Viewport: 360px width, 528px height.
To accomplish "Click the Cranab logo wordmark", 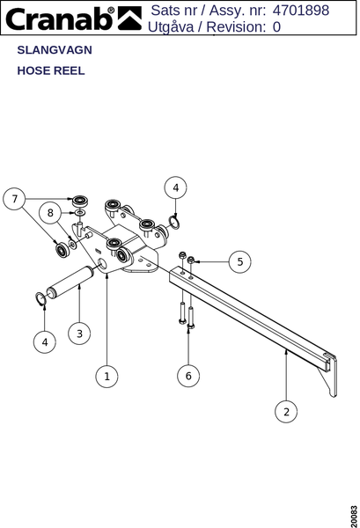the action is (x=61, y=18).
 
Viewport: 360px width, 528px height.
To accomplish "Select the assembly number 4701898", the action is (x=301, y=10).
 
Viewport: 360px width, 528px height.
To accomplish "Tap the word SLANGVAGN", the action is (x=55, y=50).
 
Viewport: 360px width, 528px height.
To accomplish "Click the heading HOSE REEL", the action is (x=51, y=70).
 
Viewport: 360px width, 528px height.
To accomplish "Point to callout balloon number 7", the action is (x=14, y=199).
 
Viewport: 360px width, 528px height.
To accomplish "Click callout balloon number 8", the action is (x=50, y=213).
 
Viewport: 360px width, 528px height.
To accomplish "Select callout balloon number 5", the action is (x=239, y=261).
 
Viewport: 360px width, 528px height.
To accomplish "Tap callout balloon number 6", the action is (x=188, y=376).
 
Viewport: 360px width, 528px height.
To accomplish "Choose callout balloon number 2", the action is (x=286, y=412).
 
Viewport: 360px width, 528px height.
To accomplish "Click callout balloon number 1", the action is (x=107, y=376).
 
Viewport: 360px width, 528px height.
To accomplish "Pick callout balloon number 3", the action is (x=79, y=334).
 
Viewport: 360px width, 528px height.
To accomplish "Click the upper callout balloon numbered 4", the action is (x=175, y=187).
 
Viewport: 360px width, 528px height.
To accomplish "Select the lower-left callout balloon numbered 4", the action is (x=45, y=342).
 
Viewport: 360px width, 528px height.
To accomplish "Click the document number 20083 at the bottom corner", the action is (x=354, y=517).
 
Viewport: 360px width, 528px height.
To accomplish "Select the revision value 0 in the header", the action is (x=276, y=27).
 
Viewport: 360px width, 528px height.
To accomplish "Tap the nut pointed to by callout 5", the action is (x=191, y=260).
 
